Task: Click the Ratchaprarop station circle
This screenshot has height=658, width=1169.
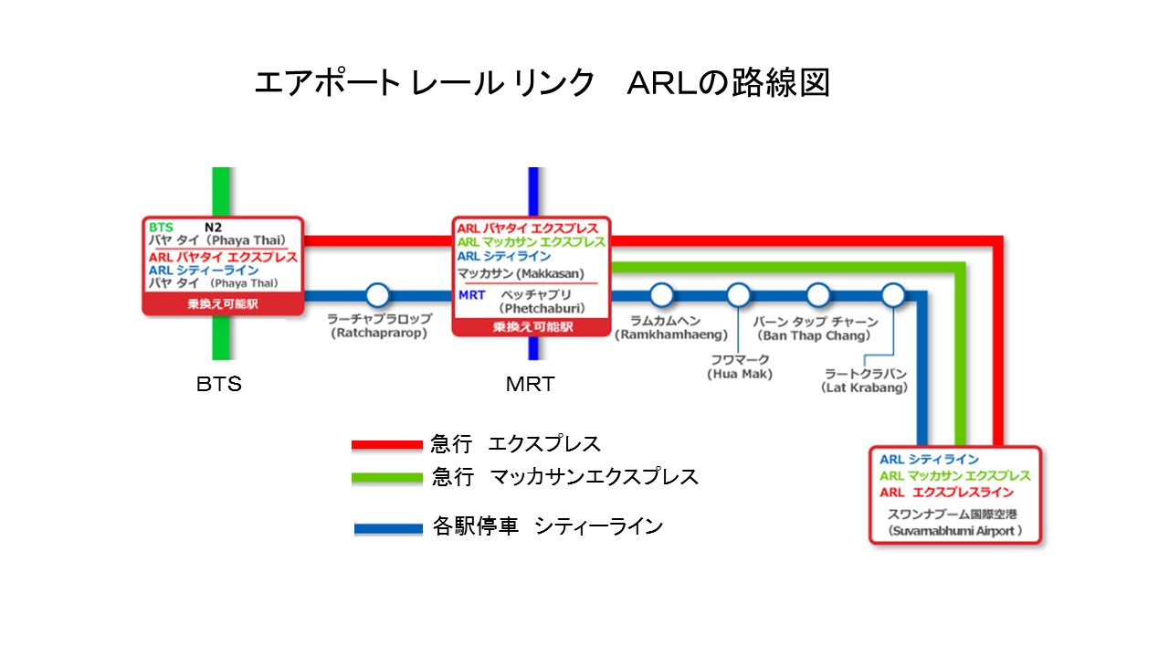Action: tap(377, 295)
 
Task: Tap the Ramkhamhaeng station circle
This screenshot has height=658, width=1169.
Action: tap(662, 295)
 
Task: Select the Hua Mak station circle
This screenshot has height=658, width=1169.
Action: tap(739, 295)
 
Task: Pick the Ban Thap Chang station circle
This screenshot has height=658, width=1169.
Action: tap(817, 295)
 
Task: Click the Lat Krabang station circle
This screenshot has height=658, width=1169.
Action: tap(893, 295)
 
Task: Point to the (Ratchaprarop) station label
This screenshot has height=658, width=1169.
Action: tap(379, 334)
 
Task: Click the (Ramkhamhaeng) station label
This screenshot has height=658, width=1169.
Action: tap(671, 334)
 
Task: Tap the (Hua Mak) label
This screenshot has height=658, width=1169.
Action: tap(740, 374)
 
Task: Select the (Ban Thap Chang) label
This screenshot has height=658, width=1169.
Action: tap(814, 335)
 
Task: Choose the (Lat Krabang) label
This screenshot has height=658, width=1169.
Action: tap(864, 388)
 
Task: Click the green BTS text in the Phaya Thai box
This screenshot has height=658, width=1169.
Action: tap(161, 228)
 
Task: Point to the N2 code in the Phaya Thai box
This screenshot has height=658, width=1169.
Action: tap(213, 228)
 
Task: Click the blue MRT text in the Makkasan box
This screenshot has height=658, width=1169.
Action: tap(472, 295)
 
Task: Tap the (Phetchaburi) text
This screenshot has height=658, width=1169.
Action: tap(542, 309)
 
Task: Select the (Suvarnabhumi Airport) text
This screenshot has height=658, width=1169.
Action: tap(955, 531)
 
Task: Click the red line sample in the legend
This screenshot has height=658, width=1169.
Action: tap(386, 445)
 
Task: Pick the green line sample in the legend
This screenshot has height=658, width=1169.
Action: tap(386, 477)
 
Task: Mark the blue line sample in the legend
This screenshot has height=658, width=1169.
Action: tap(388, 528)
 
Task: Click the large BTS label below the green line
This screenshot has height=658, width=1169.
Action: tap(219, 385)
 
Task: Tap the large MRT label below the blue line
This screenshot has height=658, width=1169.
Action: tap(531, 385)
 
